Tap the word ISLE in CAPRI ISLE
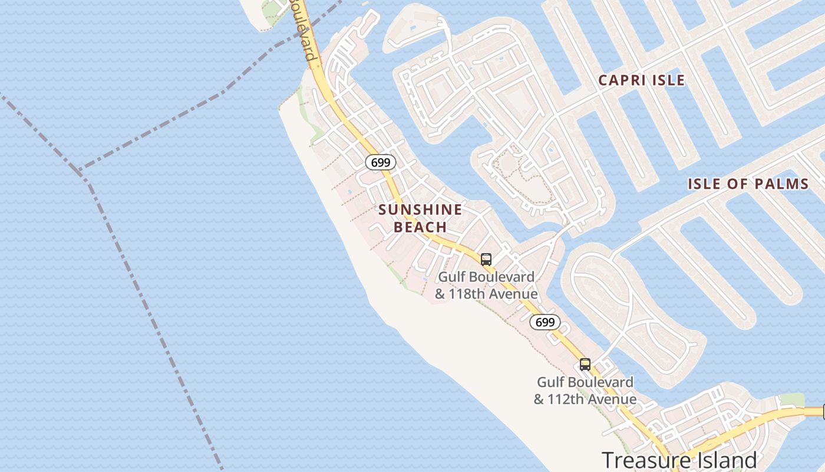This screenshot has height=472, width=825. [x=668, y=80]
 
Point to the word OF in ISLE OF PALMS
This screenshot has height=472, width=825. [x=738, y=184]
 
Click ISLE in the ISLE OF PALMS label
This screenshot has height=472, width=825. [x=706, y=184]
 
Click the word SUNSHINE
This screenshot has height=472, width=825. [x=420, y=209]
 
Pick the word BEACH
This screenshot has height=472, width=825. [x=420, y=227]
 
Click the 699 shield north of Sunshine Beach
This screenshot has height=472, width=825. [x=380, y=162]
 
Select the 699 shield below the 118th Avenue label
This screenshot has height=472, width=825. [x=545, y=322]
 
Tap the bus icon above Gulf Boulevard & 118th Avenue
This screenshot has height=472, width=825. [x=486, y=259]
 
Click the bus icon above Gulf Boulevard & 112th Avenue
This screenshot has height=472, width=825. [x=585, y=365]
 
